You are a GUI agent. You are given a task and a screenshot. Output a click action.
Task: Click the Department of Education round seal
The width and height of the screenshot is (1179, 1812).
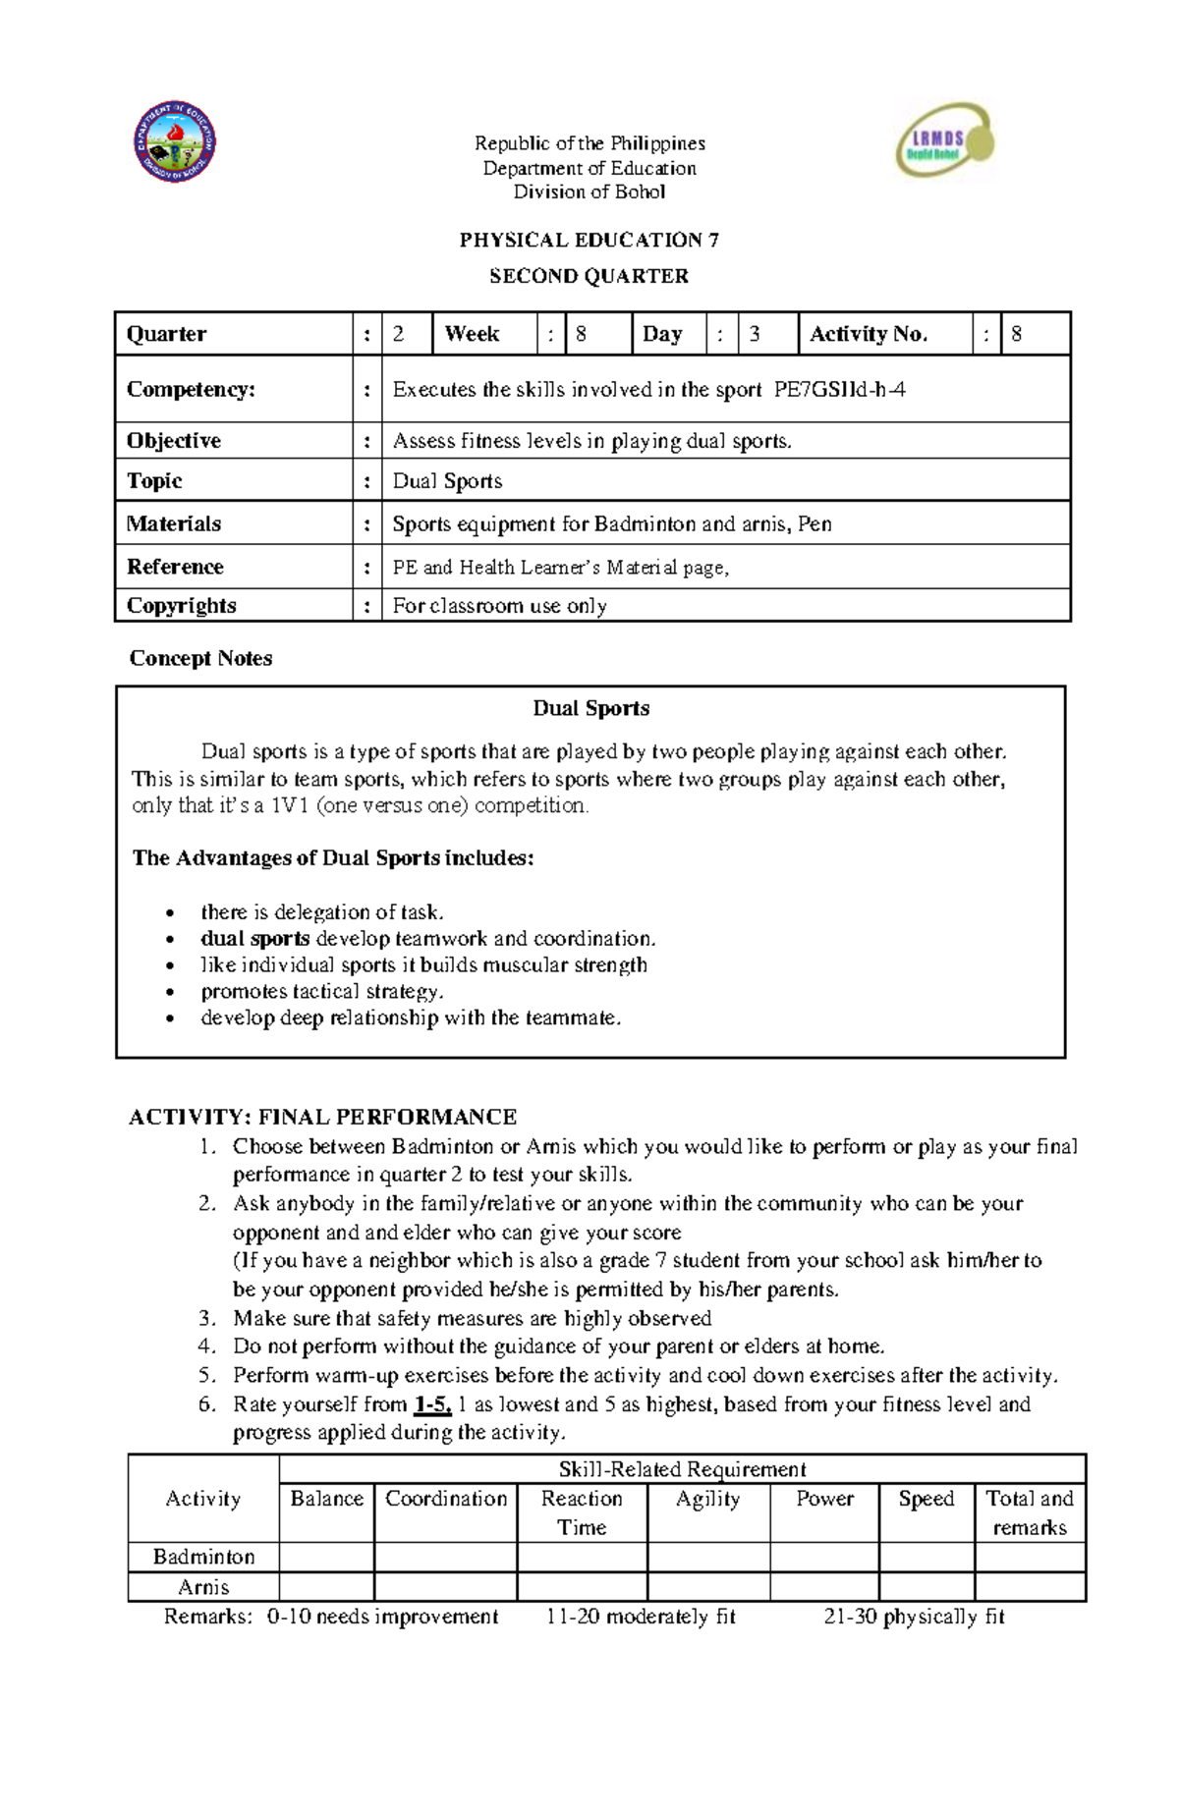(x=175, y=141)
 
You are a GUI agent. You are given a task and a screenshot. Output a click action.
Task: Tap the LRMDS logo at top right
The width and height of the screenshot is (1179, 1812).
(x=944, y=141)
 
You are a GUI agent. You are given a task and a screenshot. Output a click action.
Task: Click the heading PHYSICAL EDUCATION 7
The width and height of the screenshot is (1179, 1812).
(x=589, y=241)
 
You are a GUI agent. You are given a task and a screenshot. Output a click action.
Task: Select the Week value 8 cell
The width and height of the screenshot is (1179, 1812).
(x=597, y=334)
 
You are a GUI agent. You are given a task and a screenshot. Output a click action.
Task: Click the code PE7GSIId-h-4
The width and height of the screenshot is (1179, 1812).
(x=839, y=390)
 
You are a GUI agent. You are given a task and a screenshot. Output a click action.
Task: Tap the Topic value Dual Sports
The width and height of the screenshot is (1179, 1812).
(x=447, y=481)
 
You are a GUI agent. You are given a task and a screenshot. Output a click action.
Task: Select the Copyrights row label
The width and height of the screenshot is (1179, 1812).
(x=182, y=606)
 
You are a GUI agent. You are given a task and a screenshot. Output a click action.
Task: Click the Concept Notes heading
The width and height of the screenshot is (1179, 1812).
(x=200, y=659)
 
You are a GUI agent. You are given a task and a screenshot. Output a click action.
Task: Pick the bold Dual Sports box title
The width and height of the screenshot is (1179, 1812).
(x=590, y=709)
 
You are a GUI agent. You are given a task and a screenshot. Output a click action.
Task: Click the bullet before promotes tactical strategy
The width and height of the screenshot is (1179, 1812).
(x=171, y=993)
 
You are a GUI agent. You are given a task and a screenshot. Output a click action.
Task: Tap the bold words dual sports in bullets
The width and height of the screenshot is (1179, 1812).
(x=254, y=939)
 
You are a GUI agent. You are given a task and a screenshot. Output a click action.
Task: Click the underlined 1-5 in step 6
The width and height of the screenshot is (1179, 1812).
(x=432, y=1404)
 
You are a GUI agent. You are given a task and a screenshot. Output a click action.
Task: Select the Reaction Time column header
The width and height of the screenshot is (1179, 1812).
(x=582, y=1512)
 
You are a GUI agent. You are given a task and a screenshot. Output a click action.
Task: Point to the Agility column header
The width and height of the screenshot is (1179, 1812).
(x=707, y=1499)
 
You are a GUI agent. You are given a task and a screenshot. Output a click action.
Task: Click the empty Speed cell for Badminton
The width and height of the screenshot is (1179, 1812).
(x=926, y=1557)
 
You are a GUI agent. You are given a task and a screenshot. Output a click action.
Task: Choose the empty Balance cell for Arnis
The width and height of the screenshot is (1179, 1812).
(x=326, y=1587)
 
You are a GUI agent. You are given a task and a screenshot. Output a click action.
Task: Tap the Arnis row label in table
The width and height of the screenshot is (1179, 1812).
(x=203, y=1587)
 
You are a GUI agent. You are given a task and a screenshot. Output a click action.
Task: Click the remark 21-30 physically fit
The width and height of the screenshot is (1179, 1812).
(x=914, y=1617)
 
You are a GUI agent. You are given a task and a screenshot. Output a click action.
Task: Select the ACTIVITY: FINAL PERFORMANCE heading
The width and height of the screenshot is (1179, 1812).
(x=322, y=1118)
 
